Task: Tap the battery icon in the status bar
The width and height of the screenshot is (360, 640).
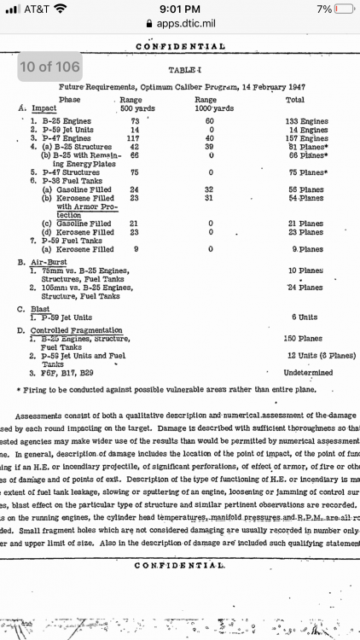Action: [x=342, y=9]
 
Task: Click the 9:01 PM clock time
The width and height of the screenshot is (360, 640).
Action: [x=179, y=9]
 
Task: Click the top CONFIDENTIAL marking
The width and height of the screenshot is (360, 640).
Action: [x=180, y=46]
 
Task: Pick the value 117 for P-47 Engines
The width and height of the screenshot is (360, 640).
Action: [x=132, y=138]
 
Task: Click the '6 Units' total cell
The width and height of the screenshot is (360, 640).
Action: [x=304, y=316]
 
